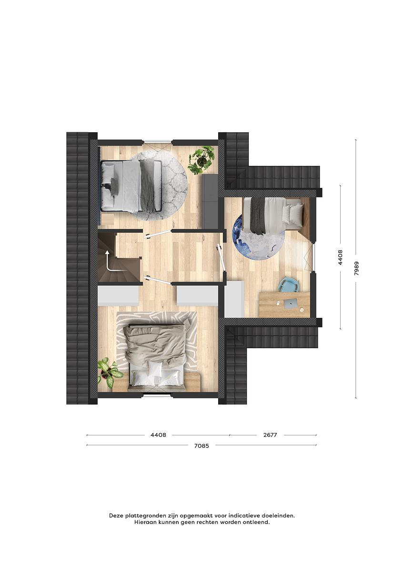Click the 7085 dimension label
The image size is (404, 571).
click(202, 445)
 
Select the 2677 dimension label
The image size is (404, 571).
click(270, 435)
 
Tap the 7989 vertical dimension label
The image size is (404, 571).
click(356, 268)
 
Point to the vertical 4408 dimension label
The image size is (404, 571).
click(340, 257)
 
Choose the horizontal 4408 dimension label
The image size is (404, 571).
click(158, 435)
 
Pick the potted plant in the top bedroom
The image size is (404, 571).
click(202, 160)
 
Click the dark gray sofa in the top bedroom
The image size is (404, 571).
click(210, 201)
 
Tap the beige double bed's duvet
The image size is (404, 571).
click(154, 344)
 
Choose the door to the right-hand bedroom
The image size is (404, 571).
click(221, 257)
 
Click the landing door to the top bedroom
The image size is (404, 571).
click(158, 234)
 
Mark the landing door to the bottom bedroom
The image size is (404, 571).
click(158, 279)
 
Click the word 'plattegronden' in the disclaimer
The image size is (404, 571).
click(144, 515)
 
